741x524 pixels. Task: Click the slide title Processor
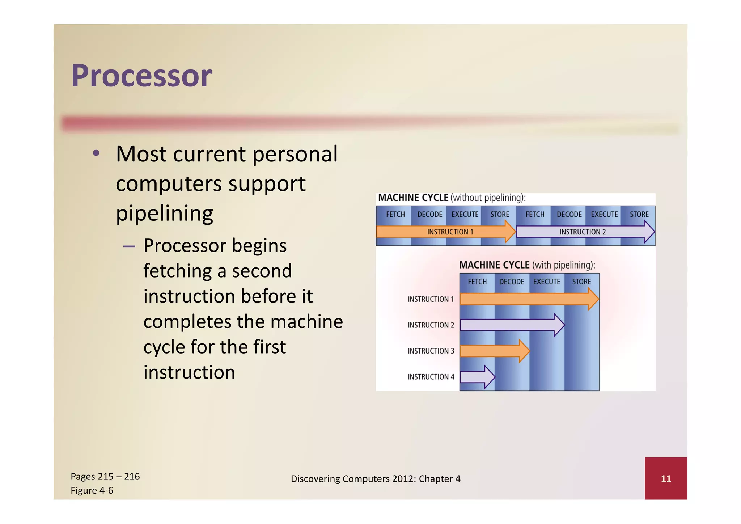141,76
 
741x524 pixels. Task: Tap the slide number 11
666,479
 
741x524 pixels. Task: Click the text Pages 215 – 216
105,477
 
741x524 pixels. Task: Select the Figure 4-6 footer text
92,491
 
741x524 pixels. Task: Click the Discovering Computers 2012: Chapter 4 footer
376,479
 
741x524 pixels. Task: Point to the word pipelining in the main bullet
164,214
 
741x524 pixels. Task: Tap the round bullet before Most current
96,153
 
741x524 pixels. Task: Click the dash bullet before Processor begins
129,246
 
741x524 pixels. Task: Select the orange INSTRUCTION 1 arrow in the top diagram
445,232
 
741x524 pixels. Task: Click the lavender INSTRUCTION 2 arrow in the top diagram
583,232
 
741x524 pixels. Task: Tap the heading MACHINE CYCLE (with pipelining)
527,265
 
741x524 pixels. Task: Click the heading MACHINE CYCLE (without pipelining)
452,198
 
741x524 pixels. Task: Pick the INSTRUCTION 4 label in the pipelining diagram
431,377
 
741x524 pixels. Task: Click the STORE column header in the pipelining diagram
581,282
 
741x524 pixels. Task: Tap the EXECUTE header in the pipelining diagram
546,282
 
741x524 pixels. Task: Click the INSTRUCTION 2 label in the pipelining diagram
431,325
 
